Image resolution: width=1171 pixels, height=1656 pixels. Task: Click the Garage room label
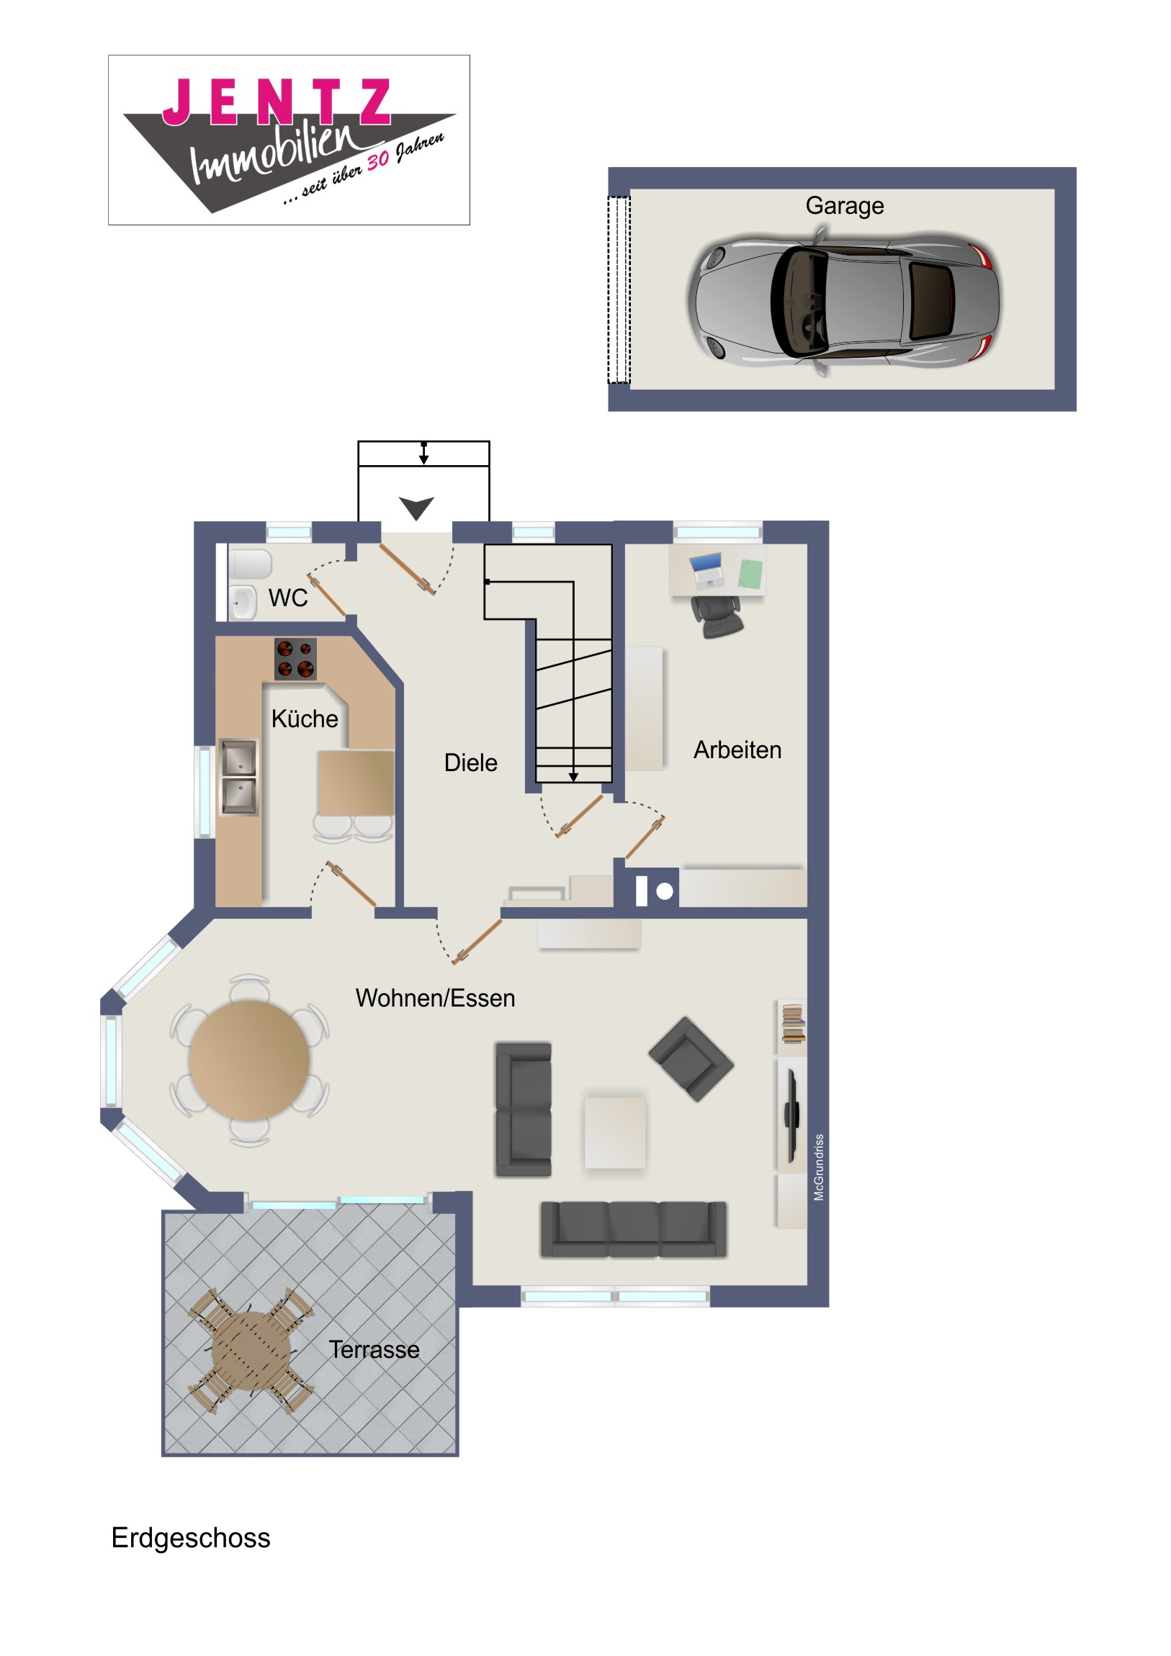pos(844,206)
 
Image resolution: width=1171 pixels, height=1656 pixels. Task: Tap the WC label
pos(288,598)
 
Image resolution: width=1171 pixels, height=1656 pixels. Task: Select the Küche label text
pos(305,719)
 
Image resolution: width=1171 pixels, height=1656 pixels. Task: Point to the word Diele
pos(470,762)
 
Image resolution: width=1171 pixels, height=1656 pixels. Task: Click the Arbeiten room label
pos(737,750)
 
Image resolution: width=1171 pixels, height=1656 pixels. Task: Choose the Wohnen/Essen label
pos(435,998)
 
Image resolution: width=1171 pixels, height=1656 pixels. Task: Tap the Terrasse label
pos(374,1349)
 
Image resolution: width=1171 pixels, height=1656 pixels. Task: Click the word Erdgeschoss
pos(190,1539)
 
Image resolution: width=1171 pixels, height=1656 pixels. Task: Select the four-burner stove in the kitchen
pos(295,660)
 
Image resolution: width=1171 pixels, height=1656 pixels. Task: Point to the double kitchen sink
pos(238,777)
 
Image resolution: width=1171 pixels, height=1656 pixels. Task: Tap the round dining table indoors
pos(250,1060)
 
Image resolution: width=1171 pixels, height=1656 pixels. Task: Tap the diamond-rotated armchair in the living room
pos(691,1059)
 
